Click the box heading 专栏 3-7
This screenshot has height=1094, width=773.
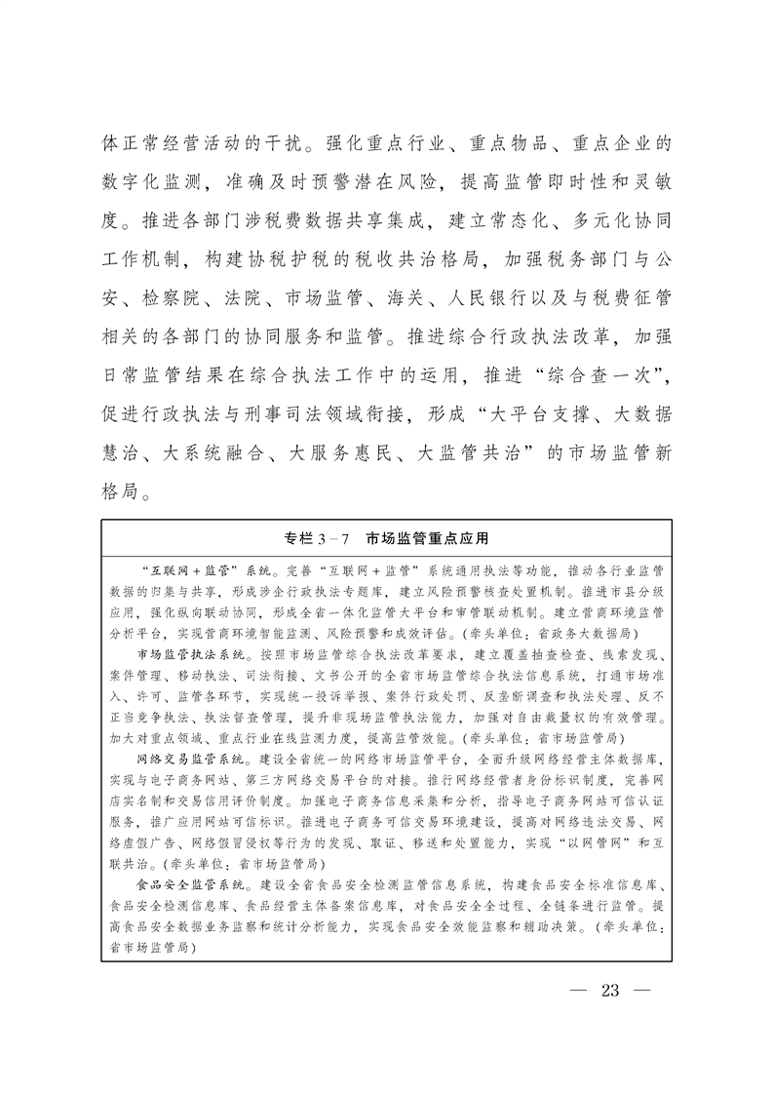tap(314, 537)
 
